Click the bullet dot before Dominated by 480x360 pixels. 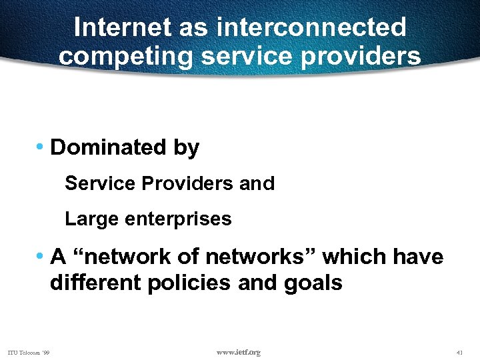[x=41, y=147]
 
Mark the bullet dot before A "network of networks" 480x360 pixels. [x=41, y=255]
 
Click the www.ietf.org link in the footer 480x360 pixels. [x=239, y=352]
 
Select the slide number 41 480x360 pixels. [x=459, y=352]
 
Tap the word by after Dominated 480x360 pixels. [x=186, y=148]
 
